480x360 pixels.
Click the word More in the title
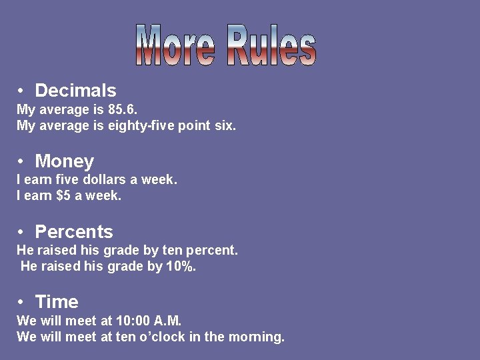point(175,45)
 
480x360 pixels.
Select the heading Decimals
point(75,91)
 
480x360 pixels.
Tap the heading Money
point(64,161)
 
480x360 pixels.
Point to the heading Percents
point(73,232)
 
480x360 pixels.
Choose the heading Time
point(57,302)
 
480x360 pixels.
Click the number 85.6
point(123,109)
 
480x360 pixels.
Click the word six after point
point(225,125)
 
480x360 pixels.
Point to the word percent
point(215,251)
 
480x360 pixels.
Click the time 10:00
point(122,321)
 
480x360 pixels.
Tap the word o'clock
point(163,337)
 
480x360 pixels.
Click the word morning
point(257,337)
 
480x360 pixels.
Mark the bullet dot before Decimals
point(22,91)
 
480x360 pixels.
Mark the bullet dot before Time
point(22,302)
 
